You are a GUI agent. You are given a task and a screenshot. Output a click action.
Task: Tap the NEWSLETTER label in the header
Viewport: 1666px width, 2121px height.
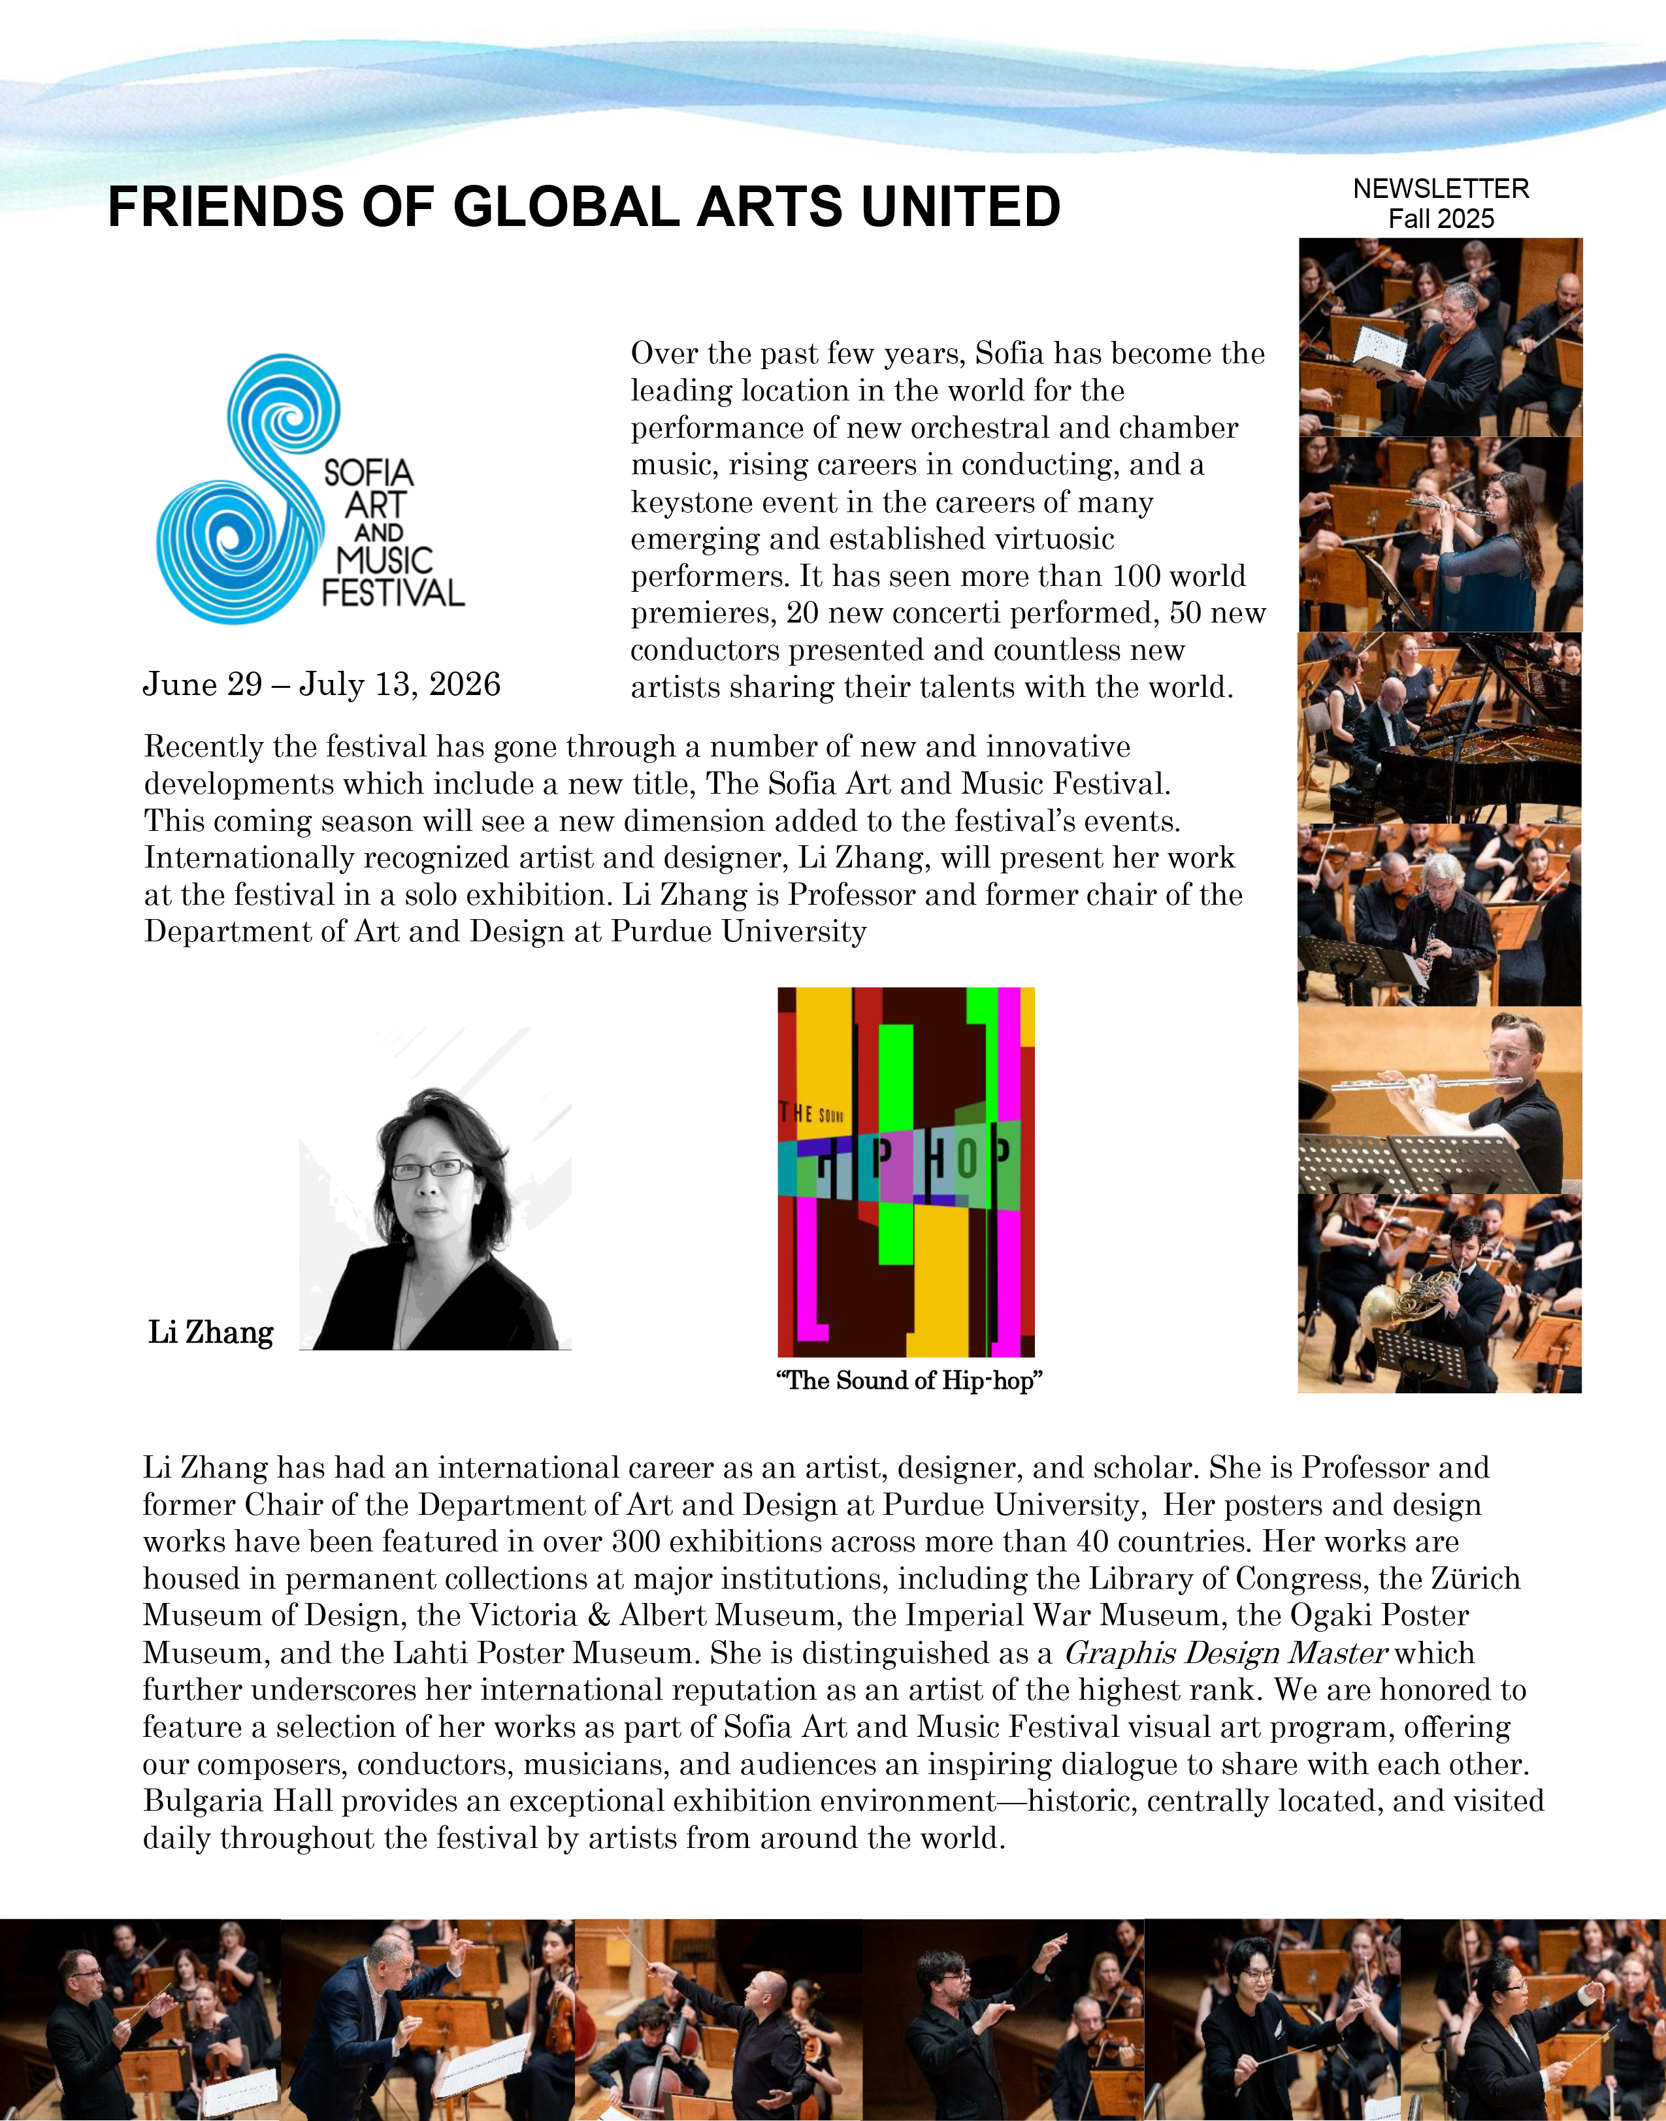[1441, 188]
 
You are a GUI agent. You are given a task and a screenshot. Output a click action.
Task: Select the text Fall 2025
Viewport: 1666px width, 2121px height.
[1441, 218]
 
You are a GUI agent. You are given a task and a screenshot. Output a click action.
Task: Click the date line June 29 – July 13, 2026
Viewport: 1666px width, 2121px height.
[322, 685]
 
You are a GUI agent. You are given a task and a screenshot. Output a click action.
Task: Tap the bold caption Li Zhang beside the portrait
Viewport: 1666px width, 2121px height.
[210, 1332]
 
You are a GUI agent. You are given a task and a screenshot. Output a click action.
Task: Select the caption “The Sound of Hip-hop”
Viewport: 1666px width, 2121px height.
[909, 1381]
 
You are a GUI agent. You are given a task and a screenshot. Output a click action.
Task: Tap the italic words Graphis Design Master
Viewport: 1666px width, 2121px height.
[1224, 1653]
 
